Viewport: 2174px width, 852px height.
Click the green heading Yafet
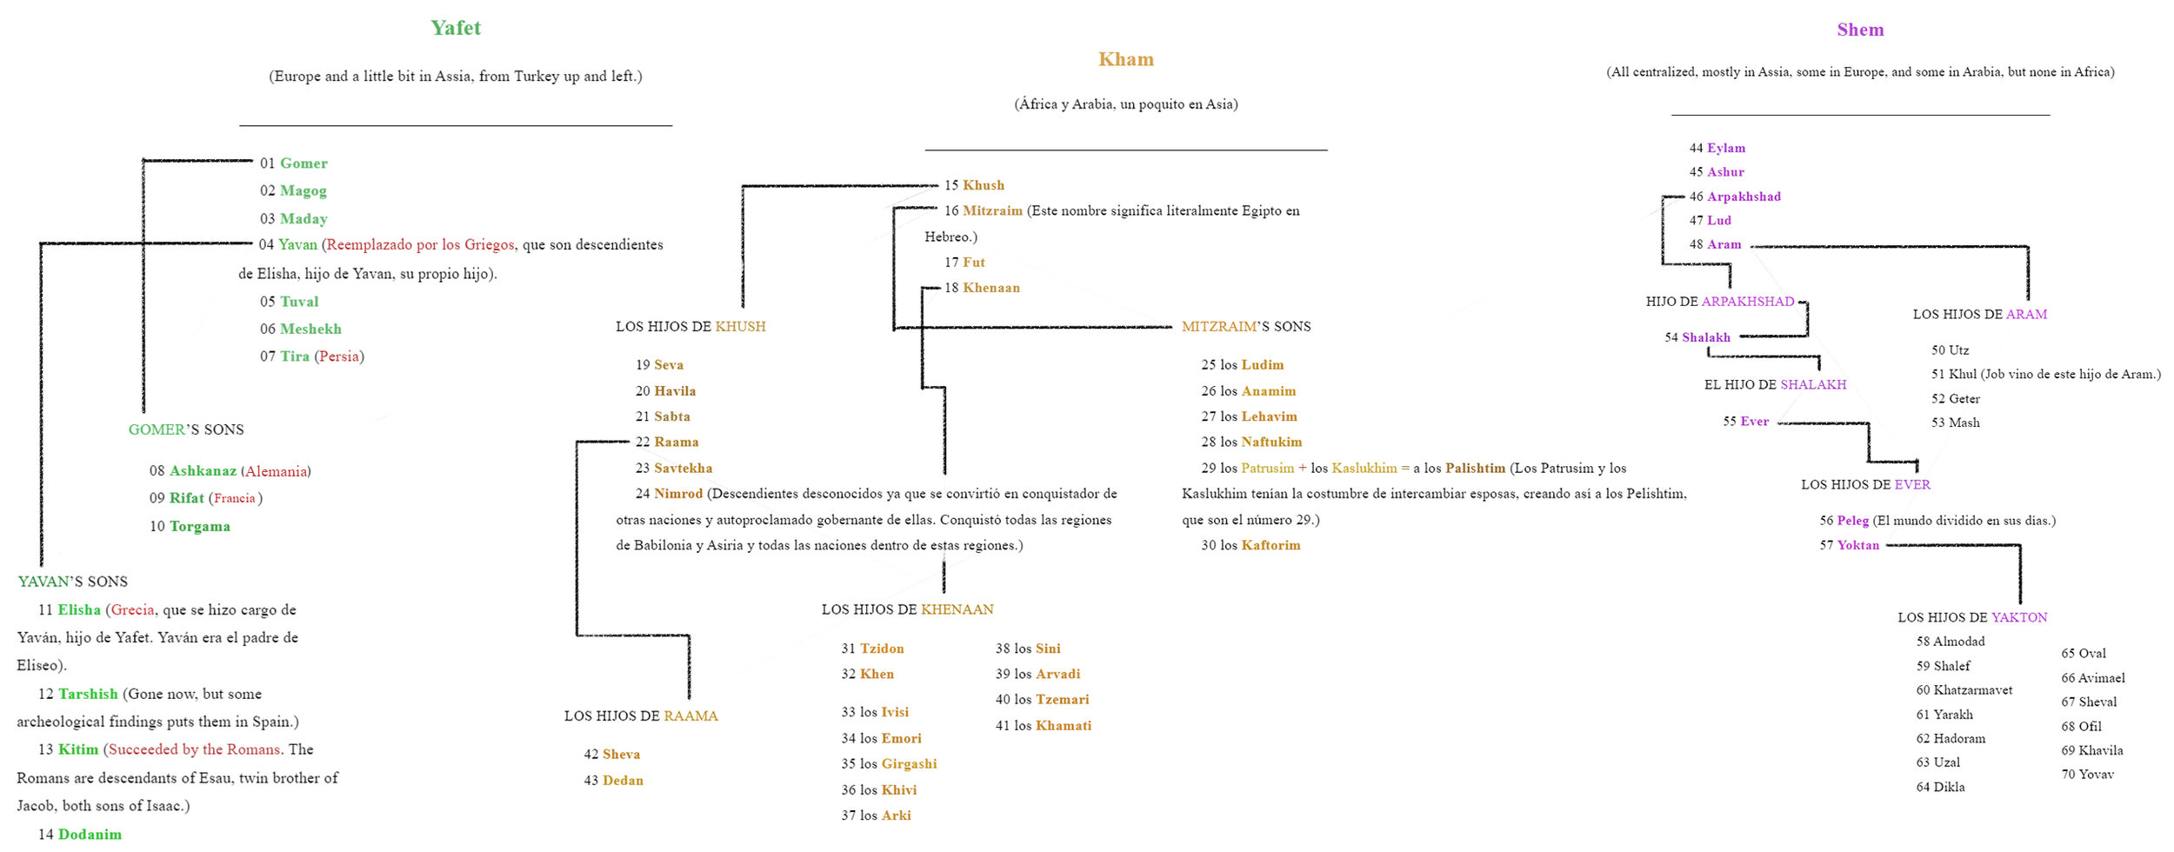tap(455, 28)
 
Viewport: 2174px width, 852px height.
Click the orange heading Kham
tap(1125, 59)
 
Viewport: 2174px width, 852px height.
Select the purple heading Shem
tap(1860, 30)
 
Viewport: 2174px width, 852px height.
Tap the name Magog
tap(303, 190)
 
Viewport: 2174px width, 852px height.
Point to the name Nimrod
tap(678, 494)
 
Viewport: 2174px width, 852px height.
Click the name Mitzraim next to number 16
tap(992, 210)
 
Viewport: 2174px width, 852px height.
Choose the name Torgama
tap(199, 526)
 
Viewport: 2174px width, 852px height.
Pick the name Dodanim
tap(90, 834)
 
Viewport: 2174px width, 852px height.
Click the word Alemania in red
tap(276, 471)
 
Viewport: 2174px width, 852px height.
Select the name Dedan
tap(623, 780)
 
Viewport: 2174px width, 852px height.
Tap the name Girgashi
tap(909, 763)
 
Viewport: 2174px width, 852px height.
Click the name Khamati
tap(1063, 725)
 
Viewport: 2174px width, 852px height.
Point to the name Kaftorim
tap(1270, 545)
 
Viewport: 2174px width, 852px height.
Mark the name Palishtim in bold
tap(1475, 468)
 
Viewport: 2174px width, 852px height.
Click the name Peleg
tap(1852, 520)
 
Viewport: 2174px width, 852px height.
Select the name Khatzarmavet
tap(1972, 689)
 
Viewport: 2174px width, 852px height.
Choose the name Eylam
tap(1725, 148)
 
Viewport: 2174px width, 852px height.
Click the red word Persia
tap(339, 356)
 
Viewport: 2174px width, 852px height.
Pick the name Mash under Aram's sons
tap(1964, 423)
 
